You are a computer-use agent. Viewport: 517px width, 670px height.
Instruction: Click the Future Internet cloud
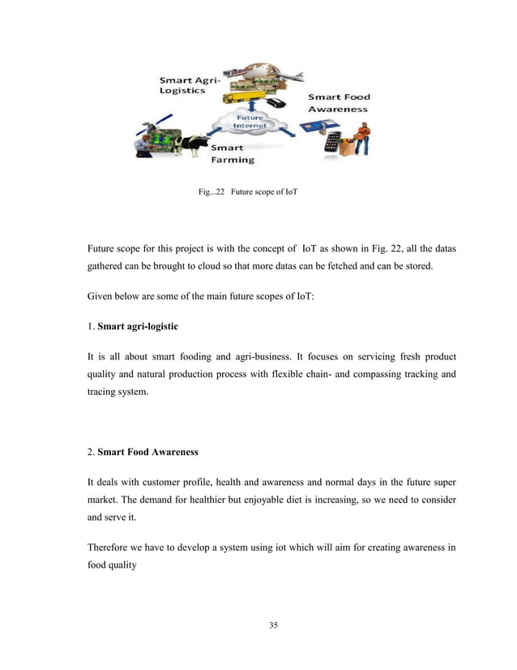(250, 124)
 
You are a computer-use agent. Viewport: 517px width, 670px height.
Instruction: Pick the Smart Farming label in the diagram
(233, 154)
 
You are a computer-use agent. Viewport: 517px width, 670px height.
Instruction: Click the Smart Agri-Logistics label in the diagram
(184, 86)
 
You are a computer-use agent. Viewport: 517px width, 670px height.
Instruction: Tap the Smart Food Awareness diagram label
(337, 102)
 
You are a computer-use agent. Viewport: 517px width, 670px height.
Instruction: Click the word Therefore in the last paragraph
(114, 547)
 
